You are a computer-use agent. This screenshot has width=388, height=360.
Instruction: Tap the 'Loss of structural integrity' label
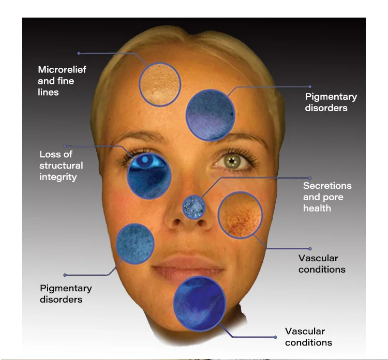click(x=61, y=166)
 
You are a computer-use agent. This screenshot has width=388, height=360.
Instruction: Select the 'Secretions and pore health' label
click(x=327, y=197)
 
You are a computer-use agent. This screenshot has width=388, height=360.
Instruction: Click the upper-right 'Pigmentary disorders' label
click(x=331, y=102)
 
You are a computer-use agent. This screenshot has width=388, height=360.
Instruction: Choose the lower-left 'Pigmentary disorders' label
click(x=66, y=294)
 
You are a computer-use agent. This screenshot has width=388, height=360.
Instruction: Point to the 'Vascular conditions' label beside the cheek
click(x=322, y=263)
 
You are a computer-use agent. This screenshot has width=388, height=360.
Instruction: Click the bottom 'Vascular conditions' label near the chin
click(x=308, y=336)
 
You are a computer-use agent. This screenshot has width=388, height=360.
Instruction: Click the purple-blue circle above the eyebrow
click(x=210, y=115)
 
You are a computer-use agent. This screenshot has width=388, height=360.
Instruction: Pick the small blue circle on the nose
click(x=194, y=207)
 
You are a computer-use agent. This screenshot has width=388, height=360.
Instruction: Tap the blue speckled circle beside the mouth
click(x=136, y=244)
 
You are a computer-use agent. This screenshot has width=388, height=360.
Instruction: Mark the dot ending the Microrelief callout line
click(x=79, y=53)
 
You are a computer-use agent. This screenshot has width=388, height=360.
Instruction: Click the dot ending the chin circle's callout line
click(x=275, y=337)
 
